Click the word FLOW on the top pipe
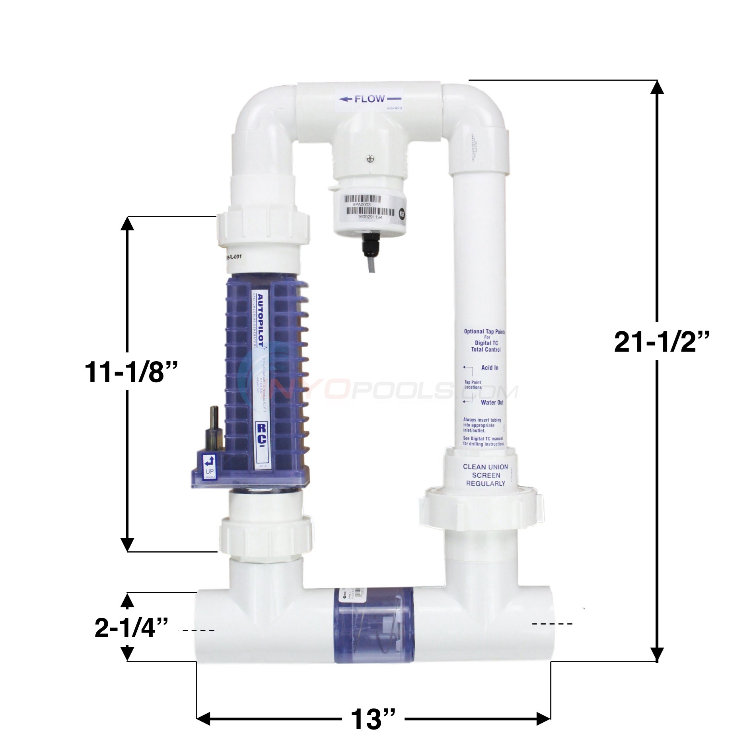pos(370,99)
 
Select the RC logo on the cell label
pos(261,430)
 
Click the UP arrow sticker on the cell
pos(210,466)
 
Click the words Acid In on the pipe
pos(489,368)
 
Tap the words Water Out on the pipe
pos(492,402)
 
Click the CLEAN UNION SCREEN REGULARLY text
pos(485,475)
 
